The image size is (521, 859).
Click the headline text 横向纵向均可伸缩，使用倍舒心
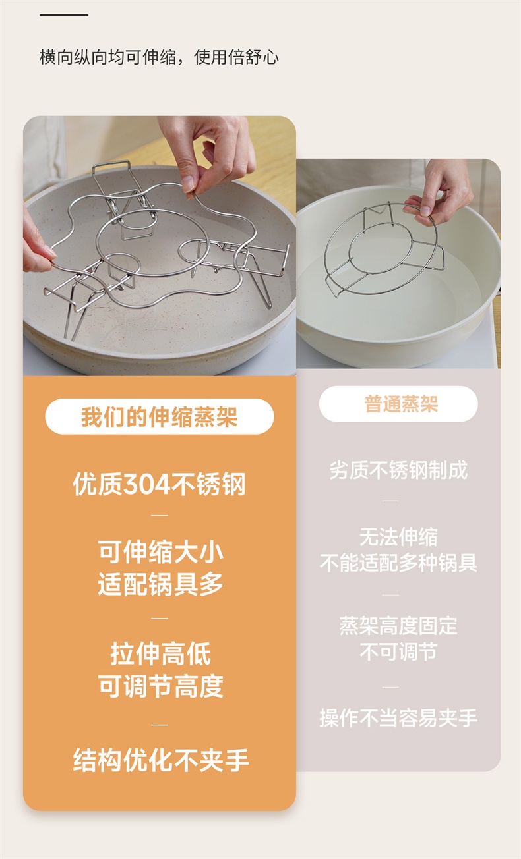pyautogui.click(x=159, y=57)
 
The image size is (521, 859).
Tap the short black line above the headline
pyautogui.click(x=64, y=15)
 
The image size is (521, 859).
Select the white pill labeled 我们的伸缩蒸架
pyautogui.click(x=160, y=416)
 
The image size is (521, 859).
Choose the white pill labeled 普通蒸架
pyautogui.click(x=398, y=404)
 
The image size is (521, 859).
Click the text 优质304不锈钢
pyautogui.click(x=160, y=484)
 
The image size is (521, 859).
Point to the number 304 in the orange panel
pyautogui.click(x=148, y=485)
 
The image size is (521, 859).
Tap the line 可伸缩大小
pyautogui.click(x=160, y=551)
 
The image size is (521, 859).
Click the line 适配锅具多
pyautogui.click(x=160, y=584)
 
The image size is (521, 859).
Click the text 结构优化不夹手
pyautogui.click(x=160, y=760)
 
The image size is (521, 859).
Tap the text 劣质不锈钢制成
pyautogui.click(x=398, y=470)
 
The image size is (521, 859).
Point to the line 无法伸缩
pyautogui.click(x=398, y=536)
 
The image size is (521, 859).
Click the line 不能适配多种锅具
pyautogui.click(x=398, y=563)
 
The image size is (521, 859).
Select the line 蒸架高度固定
pyautogui.click(x=398, y=626)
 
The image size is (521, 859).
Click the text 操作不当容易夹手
pyautogui.click(x=398, y=718)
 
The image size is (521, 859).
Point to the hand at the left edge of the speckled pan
pyautogui.click(x=38, y=242)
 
